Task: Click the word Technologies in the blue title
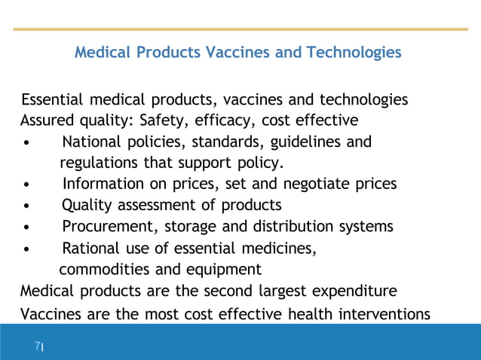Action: coord(354,53)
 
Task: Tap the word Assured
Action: coord(47,121)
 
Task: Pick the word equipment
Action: coord(226,269)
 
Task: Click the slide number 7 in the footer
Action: coord(37,346)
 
